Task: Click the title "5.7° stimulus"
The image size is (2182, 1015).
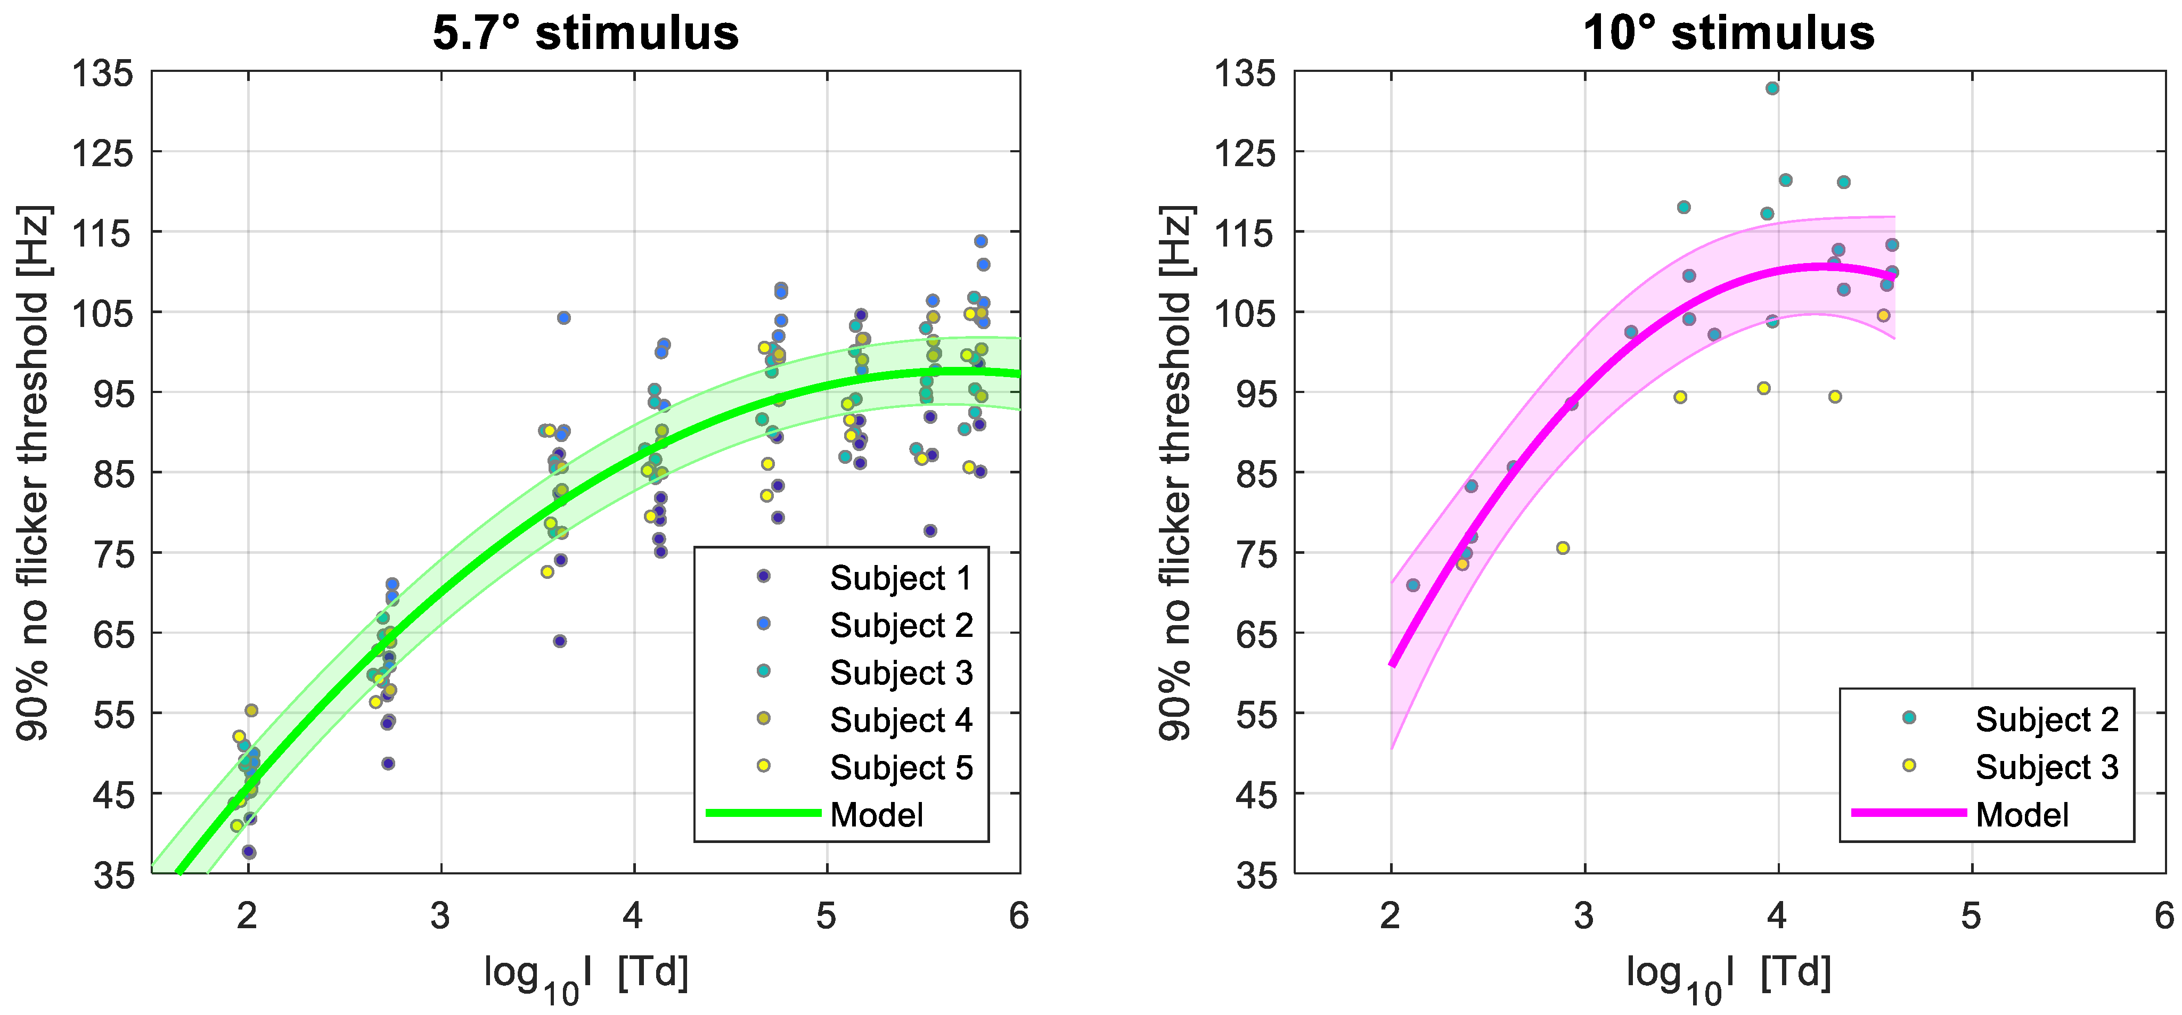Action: pos(585,34)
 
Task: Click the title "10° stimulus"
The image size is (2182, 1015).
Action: pos(1728,34)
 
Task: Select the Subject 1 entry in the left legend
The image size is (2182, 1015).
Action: pos(900,578)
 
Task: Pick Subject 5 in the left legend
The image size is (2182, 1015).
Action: pos(901,767)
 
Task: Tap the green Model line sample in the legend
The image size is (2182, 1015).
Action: pos(763,813)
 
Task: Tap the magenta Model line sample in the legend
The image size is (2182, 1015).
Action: pos(1908,813)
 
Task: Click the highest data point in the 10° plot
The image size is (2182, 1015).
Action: pos(1772,88)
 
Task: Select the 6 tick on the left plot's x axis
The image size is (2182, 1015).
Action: pos(1019,916)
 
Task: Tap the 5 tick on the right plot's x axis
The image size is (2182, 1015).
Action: pos(1971,916)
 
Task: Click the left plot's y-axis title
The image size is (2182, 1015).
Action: pos(34,473)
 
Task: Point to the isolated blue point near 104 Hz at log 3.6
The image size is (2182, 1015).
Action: pos(563,318)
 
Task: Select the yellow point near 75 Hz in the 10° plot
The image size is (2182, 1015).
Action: pos(1563,548)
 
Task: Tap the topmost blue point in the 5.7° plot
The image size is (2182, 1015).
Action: pos(981,241)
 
